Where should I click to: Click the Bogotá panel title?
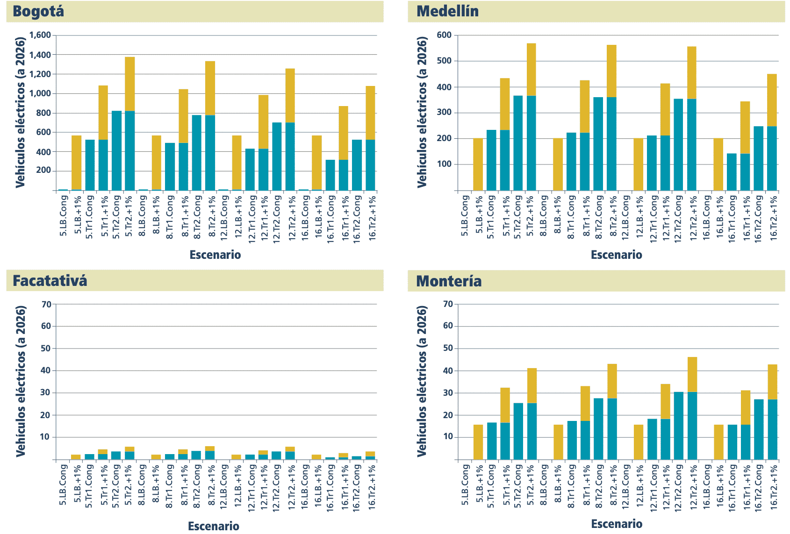(x=38, y=11)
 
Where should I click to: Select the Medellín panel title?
(x=447, y=11)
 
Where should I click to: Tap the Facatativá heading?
(x=50, y=281)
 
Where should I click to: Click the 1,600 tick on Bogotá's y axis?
(x=40, y=35)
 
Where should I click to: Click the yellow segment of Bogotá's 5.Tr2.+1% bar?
(x=129, y=84)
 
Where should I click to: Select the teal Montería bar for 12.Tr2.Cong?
(x=679, y=426)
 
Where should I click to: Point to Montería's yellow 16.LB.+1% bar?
(x=718, y=442)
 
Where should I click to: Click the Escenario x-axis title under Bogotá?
(x=215, y=255)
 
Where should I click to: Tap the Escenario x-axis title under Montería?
(x=616, y=524)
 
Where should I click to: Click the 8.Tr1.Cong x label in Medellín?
(x=571, y=217)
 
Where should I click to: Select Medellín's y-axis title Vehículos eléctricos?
(x=422, y=112)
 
